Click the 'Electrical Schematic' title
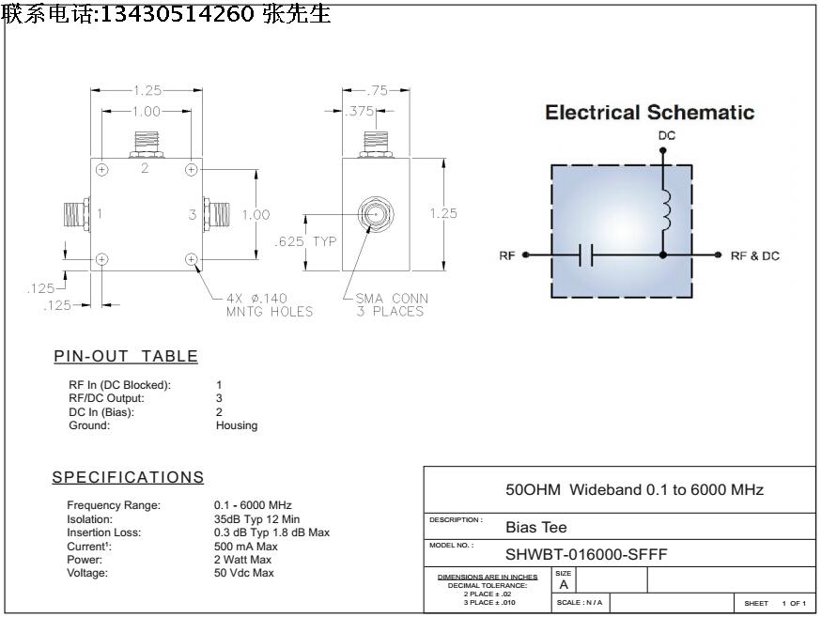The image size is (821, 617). (x=649, y=113)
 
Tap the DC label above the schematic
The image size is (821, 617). (x=665, y=136)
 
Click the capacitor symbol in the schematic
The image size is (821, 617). (x=586, y=255)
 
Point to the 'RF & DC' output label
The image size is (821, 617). (x=754, y=255)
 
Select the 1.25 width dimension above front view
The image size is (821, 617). (x=147, y=91)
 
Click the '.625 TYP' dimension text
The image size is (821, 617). (x=305, y=241)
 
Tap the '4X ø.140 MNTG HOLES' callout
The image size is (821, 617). (x=269, y=305)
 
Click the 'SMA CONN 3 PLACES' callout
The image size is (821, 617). (x=391, y=305)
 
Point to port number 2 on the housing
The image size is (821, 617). (x=145, y=169)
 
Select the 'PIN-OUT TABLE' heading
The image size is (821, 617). (x=126, y=356)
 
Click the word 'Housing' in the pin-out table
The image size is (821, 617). (x=237, y=425)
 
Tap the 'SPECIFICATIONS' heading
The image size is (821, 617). (x=128, y=477)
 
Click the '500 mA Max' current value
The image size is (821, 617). (x=246, y=547)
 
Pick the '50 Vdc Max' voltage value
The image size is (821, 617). (x=244, y=573)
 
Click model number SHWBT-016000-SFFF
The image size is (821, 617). (x=586, y=554)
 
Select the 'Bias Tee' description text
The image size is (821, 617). (x=536, y=527)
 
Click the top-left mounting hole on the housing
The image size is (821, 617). (x=102, y=169)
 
